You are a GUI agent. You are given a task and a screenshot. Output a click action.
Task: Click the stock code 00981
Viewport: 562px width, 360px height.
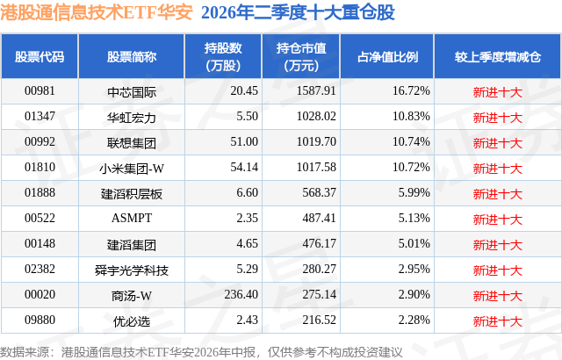(x=40, y=91)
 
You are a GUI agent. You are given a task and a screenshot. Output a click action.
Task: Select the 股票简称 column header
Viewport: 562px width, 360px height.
(x=132, y=57)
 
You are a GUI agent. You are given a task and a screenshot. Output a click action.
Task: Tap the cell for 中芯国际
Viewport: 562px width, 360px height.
(x=132, y=92)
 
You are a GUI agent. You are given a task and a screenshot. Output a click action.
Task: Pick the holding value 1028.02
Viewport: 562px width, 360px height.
(x=316, y=117)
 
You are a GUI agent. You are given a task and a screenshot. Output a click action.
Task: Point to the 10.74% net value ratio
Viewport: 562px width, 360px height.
(x=411, y=142)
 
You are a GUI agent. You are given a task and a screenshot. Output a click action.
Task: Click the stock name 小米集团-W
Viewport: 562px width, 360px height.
(x=132, y=169)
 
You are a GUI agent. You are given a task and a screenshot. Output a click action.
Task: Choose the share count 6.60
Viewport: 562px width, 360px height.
(x=247, y=192)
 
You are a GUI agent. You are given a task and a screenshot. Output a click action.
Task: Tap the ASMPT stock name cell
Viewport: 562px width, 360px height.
(x=132, y=218)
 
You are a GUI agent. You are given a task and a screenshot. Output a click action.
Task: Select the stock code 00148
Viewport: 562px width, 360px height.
(x=40, y=243)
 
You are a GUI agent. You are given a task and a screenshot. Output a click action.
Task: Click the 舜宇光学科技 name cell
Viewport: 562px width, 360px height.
(x=132, y=270)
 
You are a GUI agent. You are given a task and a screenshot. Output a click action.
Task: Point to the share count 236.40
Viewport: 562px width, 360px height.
(x=241, y=294)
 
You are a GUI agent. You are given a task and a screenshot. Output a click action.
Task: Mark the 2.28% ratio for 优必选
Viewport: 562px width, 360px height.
(x=414, y=320)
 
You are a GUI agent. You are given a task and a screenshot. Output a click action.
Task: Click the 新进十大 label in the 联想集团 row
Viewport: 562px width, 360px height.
(x=498, y=143)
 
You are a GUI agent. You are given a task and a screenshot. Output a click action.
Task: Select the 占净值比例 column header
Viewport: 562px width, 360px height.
(x=387, y=57)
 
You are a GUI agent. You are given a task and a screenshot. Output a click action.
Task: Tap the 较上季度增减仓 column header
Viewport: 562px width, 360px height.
(x=498, y=57)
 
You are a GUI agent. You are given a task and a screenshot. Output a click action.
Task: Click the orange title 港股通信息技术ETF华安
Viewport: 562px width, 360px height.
(x=97, y=12)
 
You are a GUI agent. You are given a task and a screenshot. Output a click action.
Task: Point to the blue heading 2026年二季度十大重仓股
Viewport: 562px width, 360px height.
(x=298, y=12)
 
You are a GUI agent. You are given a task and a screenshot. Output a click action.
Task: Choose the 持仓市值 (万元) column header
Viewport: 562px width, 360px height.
(x=301, y=56)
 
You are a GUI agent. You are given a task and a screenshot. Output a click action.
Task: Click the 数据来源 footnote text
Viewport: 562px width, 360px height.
(x=201, y=352)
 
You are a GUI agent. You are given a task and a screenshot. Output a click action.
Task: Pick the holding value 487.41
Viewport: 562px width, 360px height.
(x=319, y=218)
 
